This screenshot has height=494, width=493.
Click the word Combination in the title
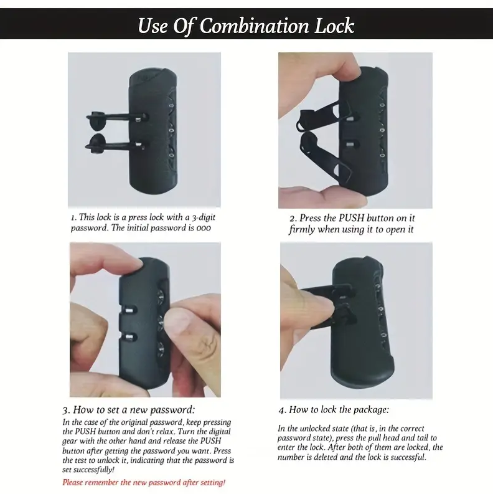(x=254, y=26)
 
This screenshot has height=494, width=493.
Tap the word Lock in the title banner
(x=334, y=26)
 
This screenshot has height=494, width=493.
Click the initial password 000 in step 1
(x=204, y=228)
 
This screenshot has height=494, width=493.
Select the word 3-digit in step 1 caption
(x=204, y=217)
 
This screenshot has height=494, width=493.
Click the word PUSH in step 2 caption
(x=351, y=218)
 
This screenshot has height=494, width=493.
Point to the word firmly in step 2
(x=302, y=229)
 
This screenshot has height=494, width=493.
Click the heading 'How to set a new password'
(x=134, y=409)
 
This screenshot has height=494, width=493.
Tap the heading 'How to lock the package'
(x=339, y=409)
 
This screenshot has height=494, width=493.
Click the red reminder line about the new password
(x=144, y=482)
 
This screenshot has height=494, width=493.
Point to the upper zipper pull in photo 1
(x=116, y=119)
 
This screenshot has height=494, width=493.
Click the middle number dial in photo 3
(x=161, y=323)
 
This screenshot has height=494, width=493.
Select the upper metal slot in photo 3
(x=129, y=311)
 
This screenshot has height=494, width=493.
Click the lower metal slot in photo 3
(x=129, y=337)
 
